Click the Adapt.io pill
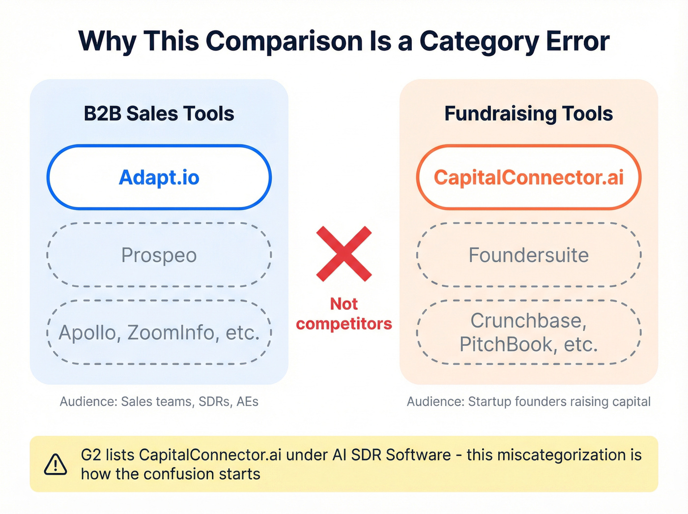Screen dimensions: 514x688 click(x=159, y=177)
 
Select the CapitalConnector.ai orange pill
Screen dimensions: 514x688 click(x=528, y=177)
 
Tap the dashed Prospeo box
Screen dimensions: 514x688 click(x=159, y=255)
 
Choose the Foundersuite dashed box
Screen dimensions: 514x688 click(x=528, y=255)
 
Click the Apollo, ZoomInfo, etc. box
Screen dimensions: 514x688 click(x=159, y=333)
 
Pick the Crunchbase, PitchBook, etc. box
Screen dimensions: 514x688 click(x=528, y=333)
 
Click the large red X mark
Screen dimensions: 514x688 click(x=344, y=254)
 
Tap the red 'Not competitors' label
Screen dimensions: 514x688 click(x=344, y=314)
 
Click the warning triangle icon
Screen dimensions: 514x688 click(x=56, y=464)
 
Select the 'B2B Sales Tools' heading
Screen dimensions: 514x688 click(x=159, y=114)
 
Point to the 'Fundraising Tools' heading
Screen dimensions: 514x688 click(x=528, y=114)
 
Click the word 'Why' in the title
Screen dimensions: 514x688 click(x=107, y=41)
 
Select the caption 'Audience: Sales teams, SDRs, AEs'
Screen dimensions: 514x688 click(x=159, y=402)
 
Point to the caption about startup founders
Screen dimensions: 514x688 click(x=528, y=402)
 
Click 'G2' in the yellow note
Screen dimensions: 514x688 click(x=91, y=455)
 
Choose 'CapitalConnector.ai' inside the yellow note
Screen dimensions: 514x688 click(x=210, y=455)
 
